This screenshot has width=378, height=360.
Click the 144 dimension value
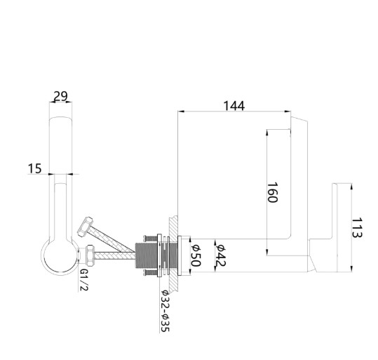tap(234, 105)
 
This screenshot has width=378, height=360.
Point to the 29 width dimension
tap(60, 96)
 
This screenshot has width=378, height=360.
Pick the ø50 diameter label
tap(196, 256)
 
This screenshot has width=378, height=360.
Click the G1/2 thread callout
tap(83, 278)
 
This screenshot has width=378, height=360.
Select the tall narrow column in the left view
tap(60, 147)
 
